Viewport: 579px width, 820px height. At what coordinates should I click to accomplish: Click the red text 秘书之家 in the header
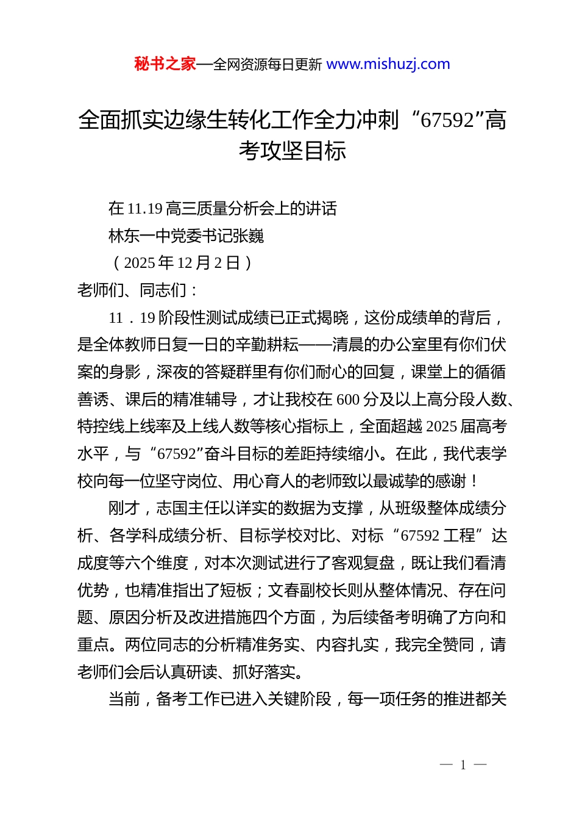point(165,64)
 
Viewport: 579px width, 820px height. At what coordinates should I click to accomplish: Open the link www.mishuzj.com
point(388,64)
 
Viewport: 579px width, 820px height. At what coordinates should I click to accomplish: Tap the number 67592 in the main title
point(447,120)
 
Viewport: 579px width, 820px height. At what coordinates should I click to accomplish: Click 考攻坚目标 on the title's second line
point(293,151)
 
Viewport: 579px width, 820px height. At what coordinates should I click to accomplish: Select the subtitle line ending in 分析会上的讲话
point(222,209)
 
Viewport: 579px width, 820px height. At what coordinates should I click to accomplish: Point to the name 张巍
point(248,236)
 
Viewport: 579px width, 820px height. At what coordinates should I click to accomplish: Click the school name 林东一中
point(140,236)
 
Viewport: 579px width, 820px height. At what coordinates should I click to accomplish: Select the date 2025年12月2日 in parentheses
point(182,263)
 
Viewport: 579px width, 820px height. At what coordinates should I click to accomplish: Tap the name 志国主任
point(187,508)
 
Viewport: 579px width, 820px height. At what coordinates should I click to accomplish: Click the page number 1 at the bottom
point(463,765)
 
